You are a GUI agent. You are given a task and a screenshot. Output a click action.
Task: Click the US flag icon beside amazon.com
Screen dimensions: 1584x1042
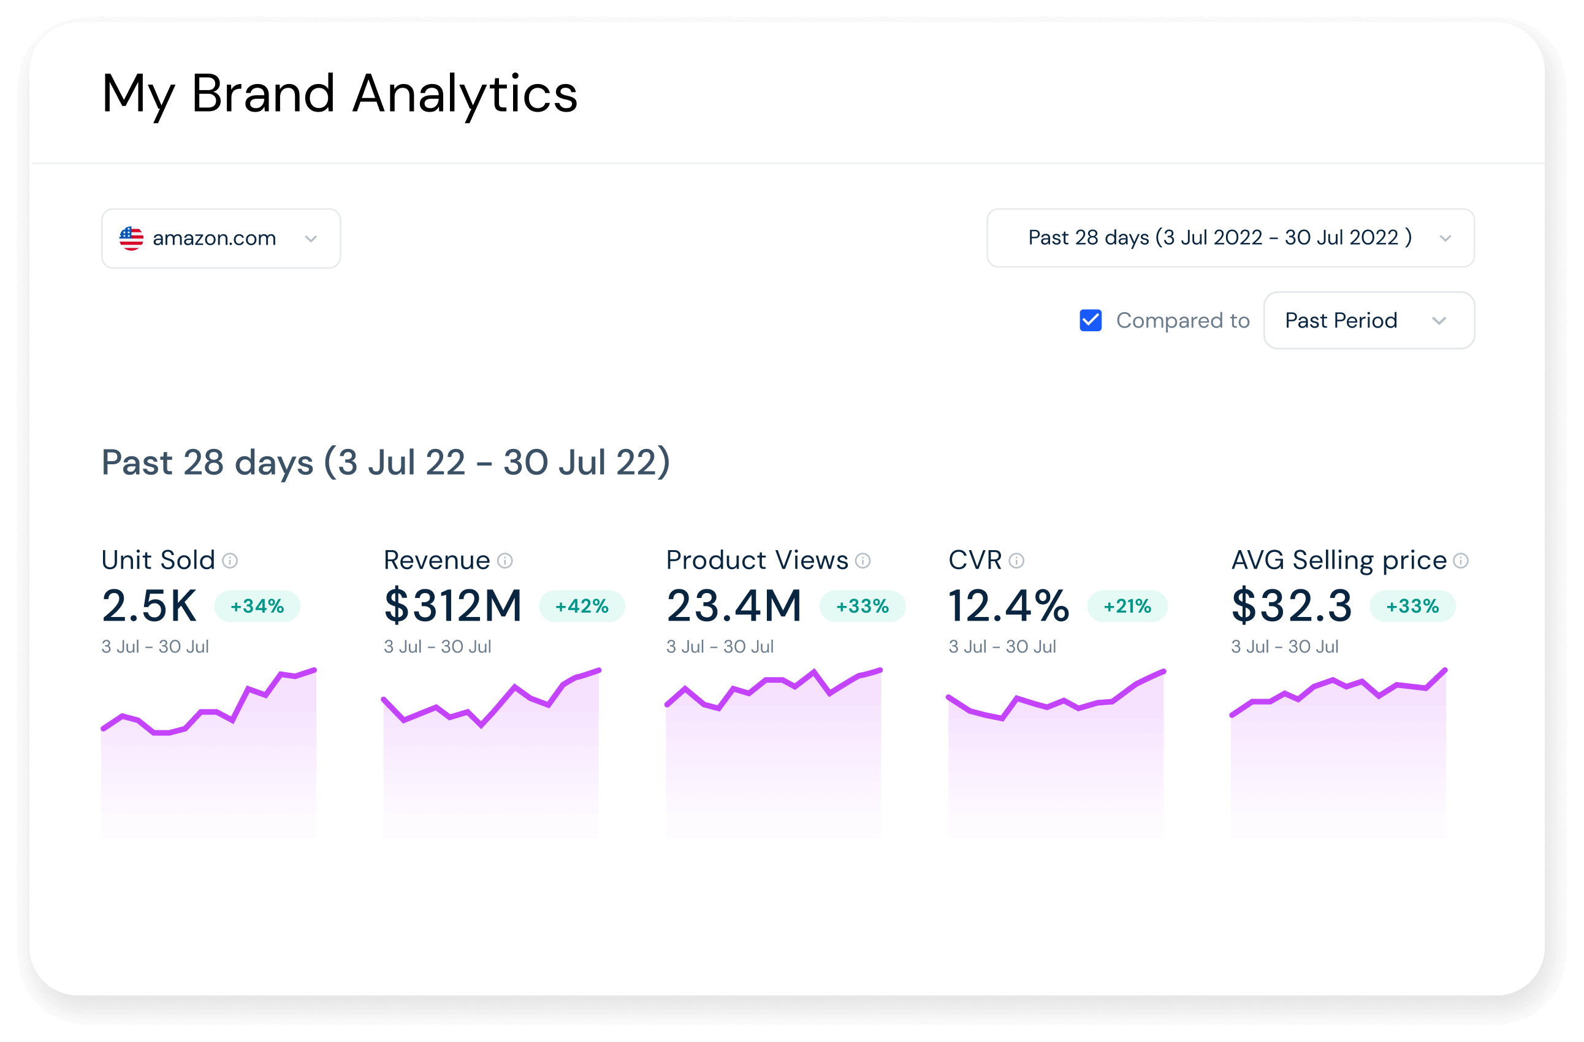131,239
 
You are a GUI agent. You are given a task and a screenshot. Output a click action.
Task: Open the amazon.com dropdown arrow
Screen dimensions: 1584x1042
311,239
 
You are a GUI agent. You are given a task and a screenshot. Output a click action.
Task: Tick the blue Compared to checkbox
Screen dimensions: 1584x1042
1090,320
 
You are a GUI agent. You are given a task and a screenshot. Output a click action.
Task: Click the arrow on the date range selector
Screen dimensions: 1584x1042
1445,239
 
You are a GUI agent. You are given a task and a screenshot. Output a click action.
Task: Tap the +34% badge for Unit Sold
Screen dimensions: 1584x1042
257,606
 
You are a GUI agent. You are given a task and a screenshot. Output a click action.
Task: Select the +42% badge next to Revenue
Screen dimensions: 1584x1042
582,606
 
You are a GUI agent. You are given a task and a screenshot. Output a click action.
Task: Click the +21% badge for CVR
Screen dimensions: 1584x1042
1127,606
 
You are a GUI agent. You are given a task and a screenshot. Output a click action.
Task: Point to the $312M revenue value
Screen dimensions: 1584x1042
453,606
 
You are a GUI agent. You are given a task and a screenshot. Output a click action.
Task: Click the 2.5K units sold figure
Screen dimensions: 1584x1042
149,606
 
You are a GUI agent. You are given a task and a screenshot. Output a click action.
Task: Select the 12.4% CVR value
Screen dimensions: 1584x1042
1008,606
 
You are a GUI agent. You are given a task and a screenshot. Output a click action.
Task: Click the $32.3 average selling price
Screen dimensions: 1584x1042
1292,606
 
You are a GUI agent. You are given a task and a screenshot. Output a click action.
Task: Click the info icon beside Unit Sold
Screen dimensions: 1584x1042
230,561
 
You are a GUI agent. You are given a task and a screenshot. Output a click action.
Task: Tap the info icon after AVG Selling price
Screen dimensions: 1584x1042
1460,561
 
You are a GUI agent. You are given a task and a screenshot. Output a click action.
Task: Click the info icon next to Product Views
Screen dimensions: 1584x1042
862,561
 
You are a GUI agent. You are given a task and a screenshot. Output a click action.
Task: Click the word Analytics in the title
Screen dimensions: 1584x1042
465,94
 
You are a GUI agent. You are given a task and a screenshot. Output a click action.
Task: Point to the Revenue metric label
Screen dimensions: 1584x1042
436,560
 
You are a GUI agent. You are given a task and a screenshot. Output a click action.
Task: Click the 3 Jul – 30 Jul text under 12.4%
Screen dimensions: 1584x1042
1002,646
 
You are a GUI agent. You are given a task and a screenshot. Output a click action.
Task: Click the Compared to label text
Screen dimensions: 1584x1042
1182,320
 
